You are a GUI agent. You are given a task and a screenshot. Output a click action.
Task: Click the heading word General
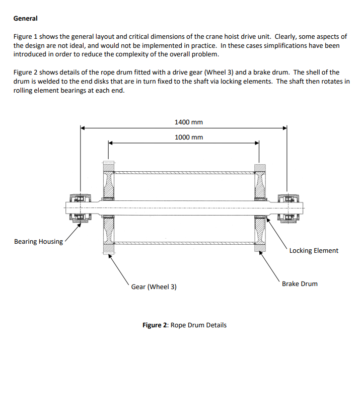tap(25, 18)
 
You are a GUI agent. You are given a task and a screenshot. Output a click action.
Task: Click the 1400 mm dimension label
tap(188, 122)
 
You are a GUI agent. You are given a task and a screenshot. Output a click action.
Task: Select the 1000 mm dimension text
tap(188, 137)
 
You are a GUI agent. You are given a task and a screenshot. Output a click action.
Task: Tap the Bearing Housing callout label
tap(38, 241)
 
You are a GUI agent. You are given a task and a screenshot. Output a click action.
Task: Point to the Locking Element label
tap(314, 250)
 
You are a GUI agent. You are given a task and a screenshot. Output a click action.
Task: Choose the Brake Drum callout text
tap(300, 284)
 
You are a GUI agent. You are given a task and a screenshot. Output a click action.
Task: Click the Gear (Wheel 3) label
tap(154, 287)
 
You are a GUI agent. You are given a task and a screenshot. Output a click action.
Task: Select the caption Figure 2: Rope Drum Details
tap(184, 325)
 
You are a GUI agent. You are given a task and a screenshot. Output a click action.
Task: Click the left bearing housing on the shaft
tap(80, 206)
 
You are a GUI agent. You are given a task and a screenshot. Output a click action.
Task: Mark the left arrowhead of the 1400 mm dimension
tap(84, 128)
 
